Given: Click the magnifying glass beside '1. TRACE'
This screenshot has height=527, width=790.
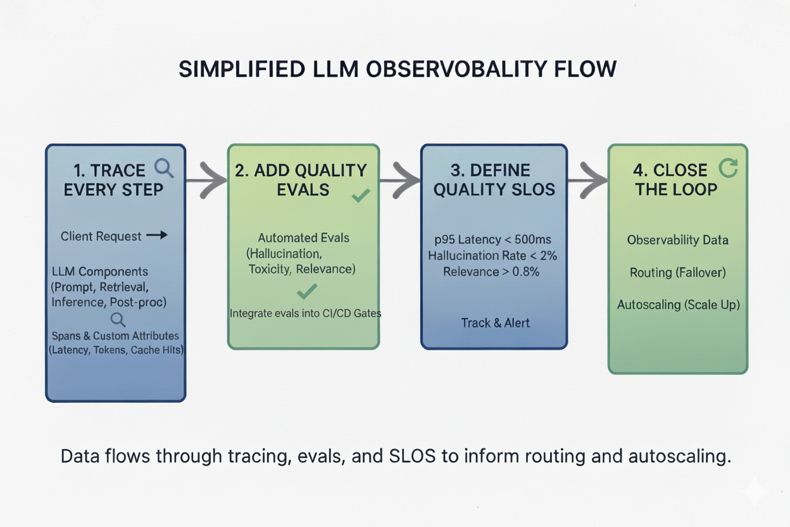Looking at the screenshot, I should click(164, 168).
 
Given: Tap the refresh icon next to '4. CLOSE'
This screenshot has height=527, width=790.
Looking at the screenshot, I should click(729, 168).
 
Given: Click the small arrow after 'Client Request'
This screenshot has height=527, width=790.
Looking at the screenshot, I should click(157, 236).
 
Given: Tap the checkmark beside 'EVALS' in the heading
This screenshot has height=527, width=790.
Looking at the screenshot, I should click(361, 196).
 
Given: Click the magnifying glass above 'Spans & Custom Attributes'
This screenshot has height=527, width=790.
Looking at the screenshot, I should click(118, 319).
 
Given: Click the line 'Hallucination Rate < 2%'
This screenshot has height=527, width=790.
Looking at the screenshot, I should click(494, 255).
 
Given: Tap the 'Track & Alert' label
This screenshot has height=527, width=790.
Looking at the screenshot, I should click(495, 322).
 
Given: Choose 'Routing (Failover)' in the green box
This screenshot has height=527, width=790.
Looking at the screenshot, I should click(677, 272).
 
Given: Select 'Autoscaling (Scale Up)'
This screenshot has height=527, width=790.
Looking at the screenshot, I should click(678, 305).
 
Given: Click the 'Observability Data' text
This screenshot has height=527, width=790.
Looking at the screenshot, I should click(677, 240).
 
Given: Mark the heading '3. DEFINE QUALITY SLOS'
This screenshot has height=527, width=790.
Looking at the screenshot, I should click(494, 180).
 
